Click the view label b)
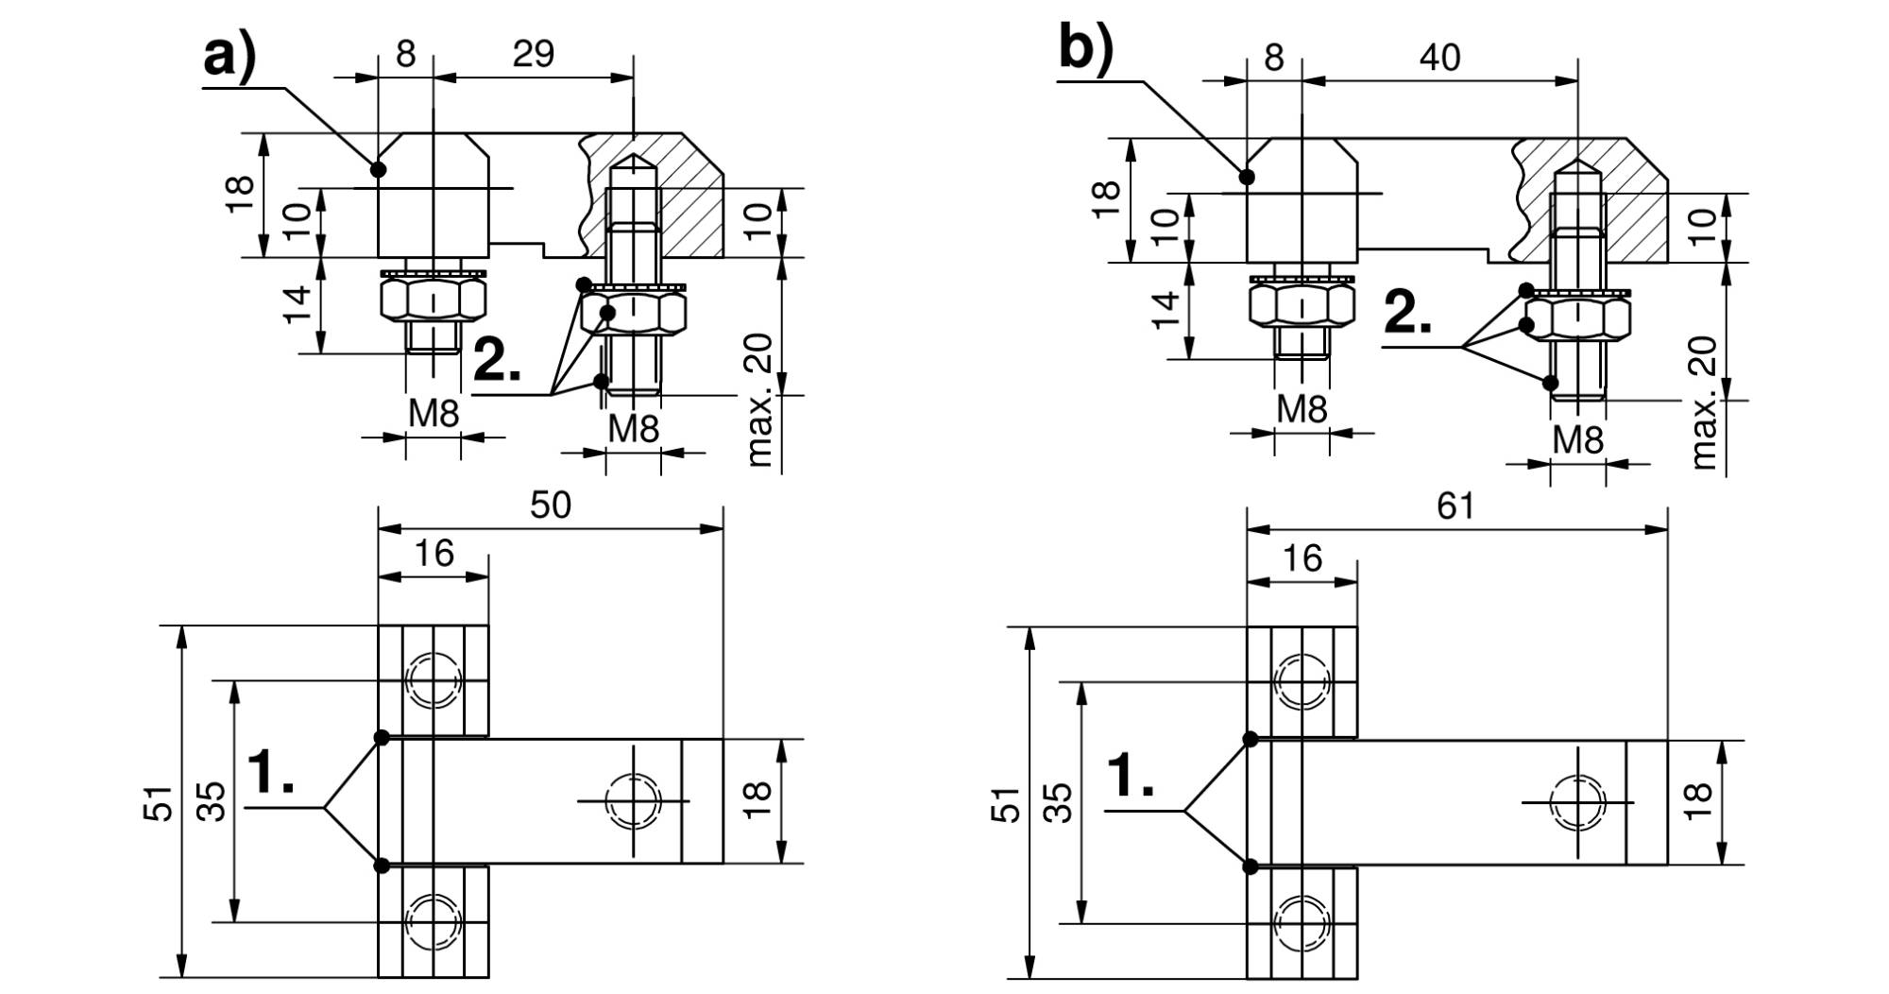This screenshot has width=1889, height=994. point(1086,47)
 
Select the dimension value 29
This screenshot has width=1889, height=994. point(533,54)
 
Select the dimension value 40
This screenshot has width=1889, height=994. point(1439,58)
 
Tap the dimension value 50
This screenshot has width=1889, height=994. point(551,505)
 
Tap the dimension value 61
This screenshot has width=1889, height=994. point(1455,506)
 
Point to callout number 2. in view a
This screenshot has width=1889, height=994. point(496,359)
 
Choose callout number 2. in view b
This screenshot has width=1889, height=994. point(1407,312)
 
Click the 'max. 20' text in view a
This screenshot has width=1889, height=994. point(759,400)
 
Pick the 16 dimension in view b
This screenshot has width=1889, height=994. point(1302,558)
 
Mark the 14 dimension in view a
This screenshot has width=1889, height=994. point(298,304)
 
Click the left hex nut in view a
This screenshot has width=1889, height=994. point(434,300)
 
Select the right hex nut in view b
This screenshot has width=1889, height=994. point(1577,318)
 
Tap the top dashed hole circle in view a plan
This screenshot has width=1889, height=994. point(434,680)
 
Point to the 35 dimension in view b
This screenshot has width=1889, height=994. point(1063,802)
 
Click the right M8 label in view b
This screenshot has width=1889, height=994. point(1578,439)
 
